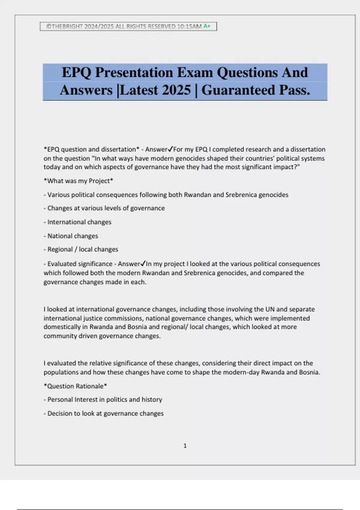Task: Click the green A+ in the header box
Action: (207, 26)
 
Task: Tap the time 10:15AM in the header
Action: (189, 26)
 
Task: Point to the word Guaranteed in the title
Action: (238, 90)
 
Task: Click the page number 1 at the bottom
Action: (185, 446)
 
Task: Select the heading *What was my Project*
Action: (78, 181)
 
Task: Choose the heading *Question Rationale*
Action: (75, 386)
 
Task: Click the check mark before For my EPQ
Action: (170, 149)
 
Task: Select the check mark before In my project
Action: (143, 264)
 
